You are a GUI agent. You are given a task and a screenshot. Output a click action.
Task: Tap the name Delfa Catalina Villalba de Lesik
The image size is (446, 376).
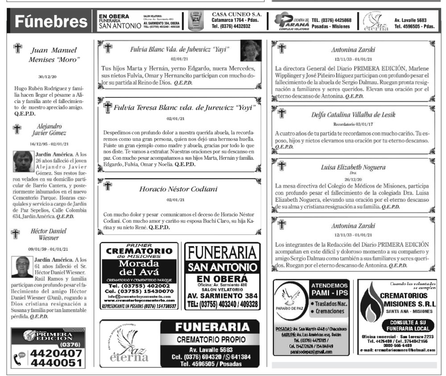pyautogui.click(x=353, y=115)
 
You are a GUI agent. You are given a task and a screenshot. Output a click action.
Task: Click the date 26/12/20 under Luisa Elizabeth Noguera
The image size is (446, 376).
pyautogui.click(x=353, y=179)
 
